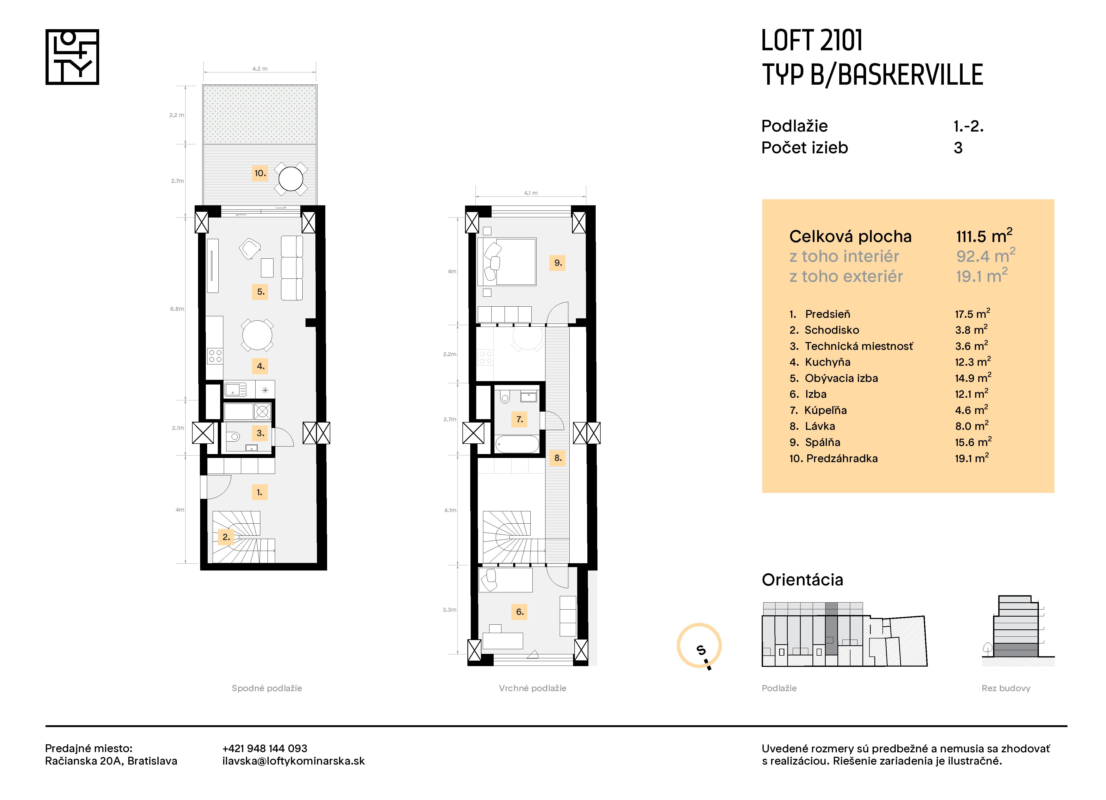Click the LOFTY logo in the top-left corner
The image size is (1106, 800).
tap(72, 57)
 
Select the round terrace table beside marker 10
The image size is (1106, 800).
tap(291, 179)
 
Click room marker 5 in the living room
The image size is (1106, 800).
tap(260, 292)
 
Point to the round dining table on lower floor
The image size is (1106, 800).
tap(257, 335)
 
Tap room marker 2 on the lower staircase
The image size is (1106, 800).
tap(226, 537)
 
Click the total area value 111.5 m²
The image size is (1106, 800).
tap(984, 236)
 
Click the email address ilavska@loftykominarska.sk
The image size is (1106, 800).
tap(293, 761)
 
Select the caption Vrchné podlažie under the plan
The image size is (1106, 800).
tap(532, 688)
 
